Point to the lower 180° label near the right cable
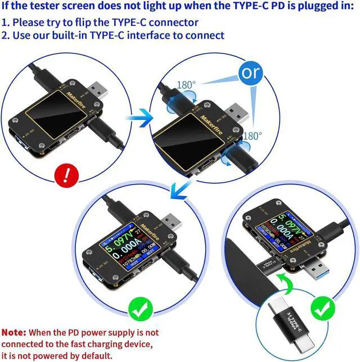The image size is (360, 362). pos(253,135)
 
